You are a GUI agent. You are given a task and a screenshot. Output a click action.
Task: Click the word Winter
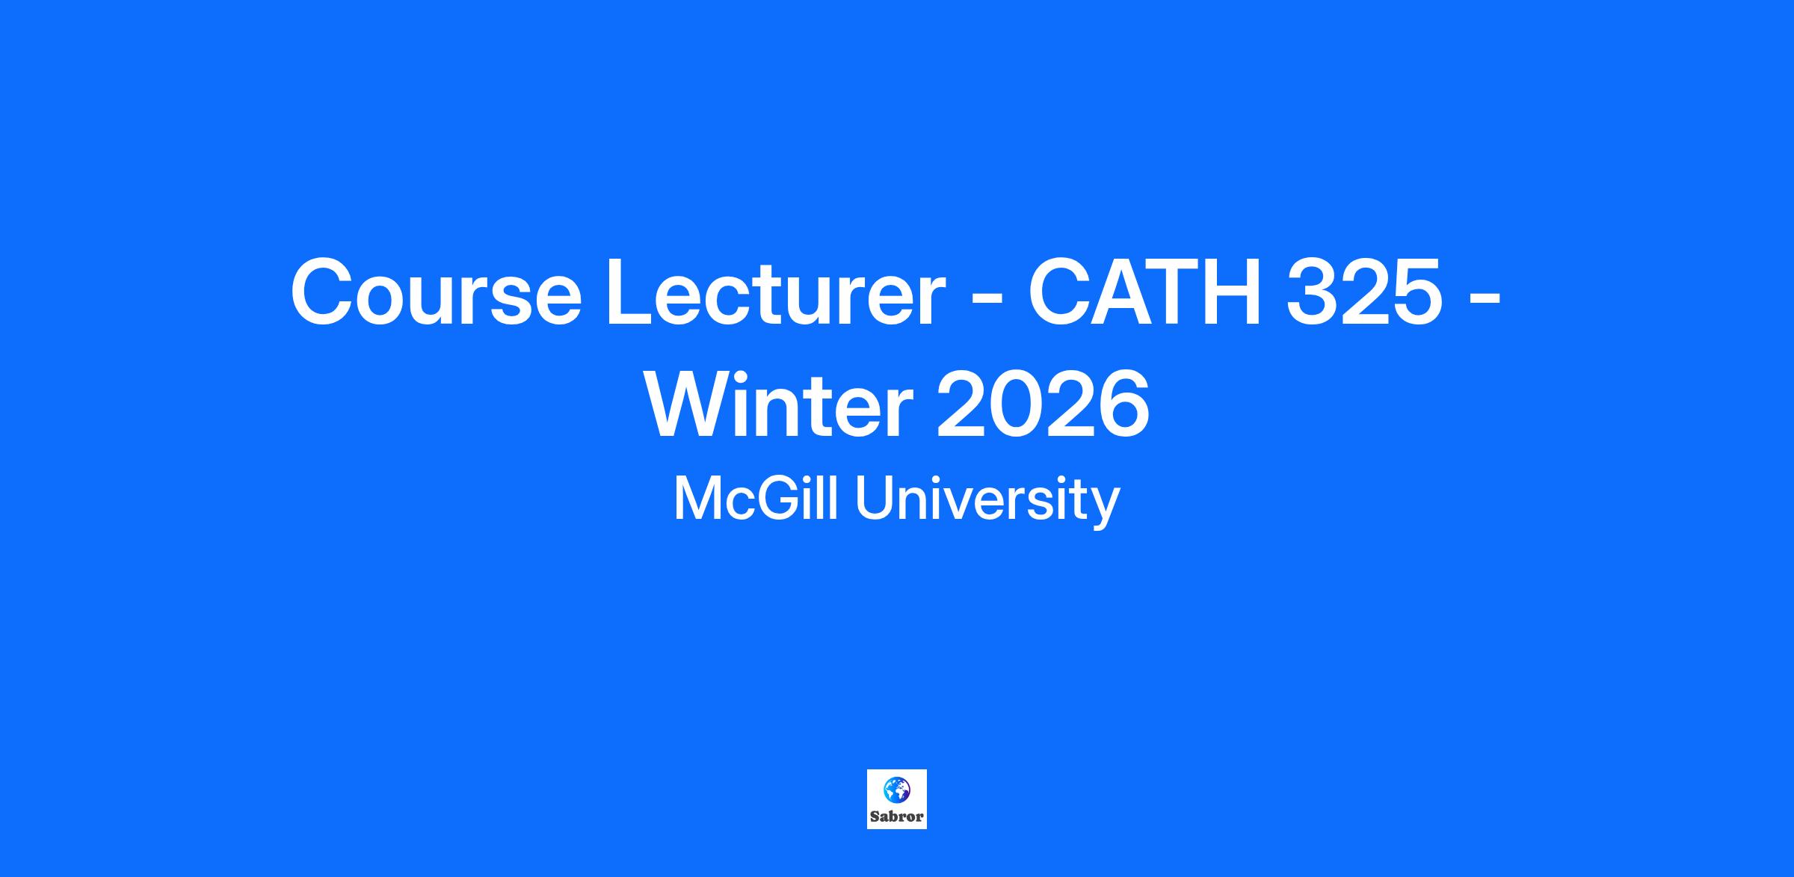coord(778,405)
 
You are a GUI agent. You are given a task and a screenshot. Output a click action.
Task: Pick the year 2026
coord(1044,405)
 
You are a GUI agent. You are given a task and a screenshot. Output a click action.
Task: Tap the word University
coord(987,502)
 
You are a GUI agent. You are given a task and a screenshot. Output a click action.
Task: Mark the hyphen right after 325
coord(1485,299)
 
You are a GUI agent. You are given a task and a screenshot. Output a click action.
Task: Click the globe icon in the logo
coord(896,789)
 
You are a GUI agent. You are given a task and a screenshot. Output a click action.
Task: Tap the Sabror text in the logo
coord(897,816)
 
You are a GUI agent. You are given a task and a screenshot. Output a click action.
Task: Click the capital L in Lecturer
coord(633,292)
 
